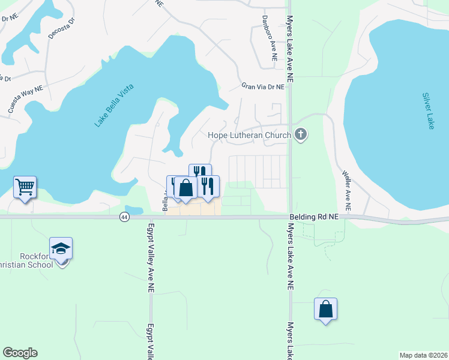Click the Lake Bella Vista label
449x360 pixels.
[114, 106]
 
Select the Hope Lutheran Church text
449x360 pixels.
[249, 136]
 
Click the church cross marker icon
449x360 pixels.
[301, 136]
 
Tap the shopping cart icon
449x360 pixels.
[25, 187]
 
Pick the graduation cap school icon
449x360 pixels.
[61, 249]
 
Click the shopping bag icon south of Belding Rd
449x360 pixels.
[325, 309]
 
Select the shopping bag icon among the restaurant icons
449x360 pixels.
[186, 188]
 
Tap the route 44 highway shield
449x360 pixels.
[124, 216]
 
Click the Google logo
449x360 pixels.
[20, 353]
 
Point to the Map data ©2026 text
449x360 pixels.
[423, 355]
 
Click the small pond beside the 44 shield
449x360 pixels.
[135, 211]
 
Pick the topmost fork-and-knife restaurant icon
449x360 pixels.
[200, 172]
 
